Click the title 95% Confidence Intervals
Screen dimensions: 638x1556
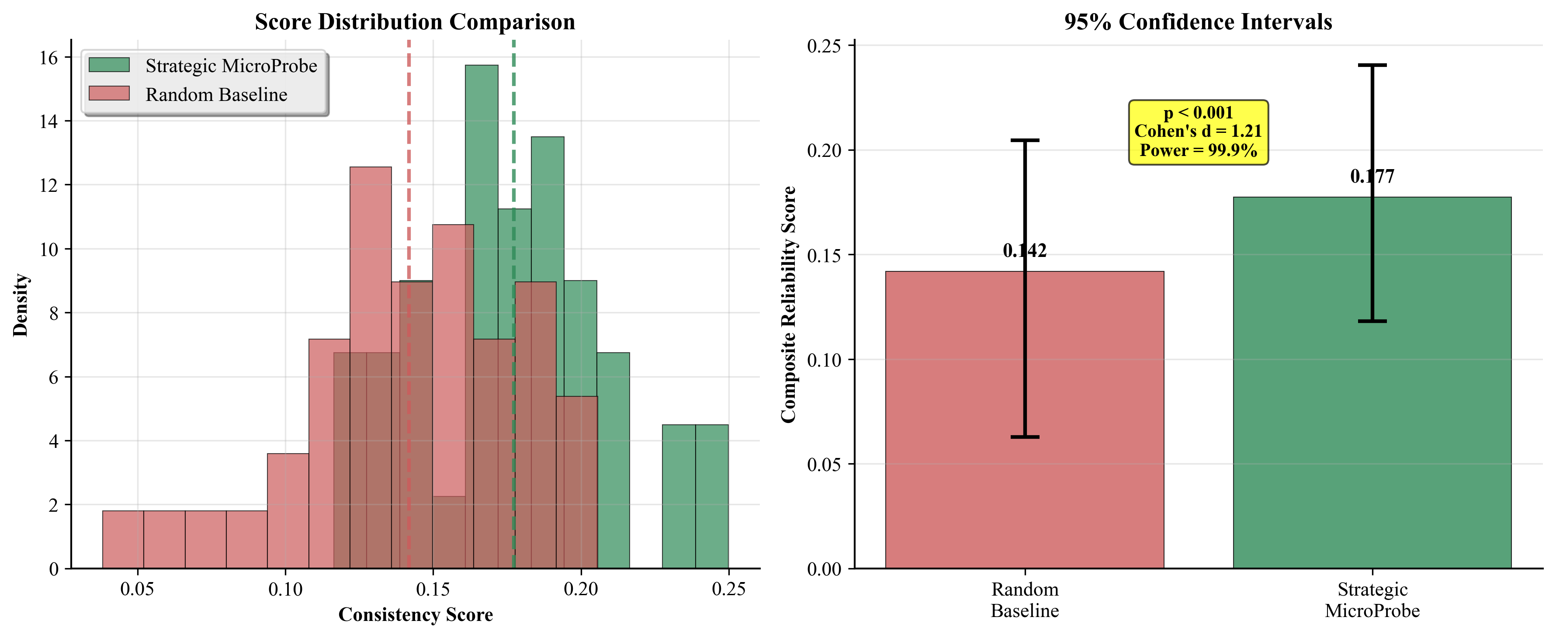click(x=1198, y=22)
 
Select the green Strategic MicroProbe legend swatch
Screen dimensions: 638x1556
click(x=109, y=65)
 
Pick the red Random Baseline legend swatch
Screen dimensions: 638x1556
click(x=109, y=94)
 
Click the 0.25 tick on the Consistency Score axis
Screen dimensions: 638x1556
click(x=728, y=589)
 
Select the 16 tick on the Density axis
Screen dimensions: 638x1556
click(x=49, y=58)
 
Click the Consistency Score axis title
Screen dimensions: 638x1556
click(x=416, y=614)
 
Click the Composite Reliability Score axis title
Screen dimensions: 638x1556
click(x=788, y=305)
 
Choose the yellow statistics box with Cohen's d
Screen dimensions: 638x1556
click(x=1198, y=132)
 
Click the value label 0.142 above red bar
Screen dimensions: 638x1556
click(x=1025, y=250)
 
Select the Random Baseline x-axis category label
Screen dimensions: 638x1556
click(x=1025, y=600)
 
